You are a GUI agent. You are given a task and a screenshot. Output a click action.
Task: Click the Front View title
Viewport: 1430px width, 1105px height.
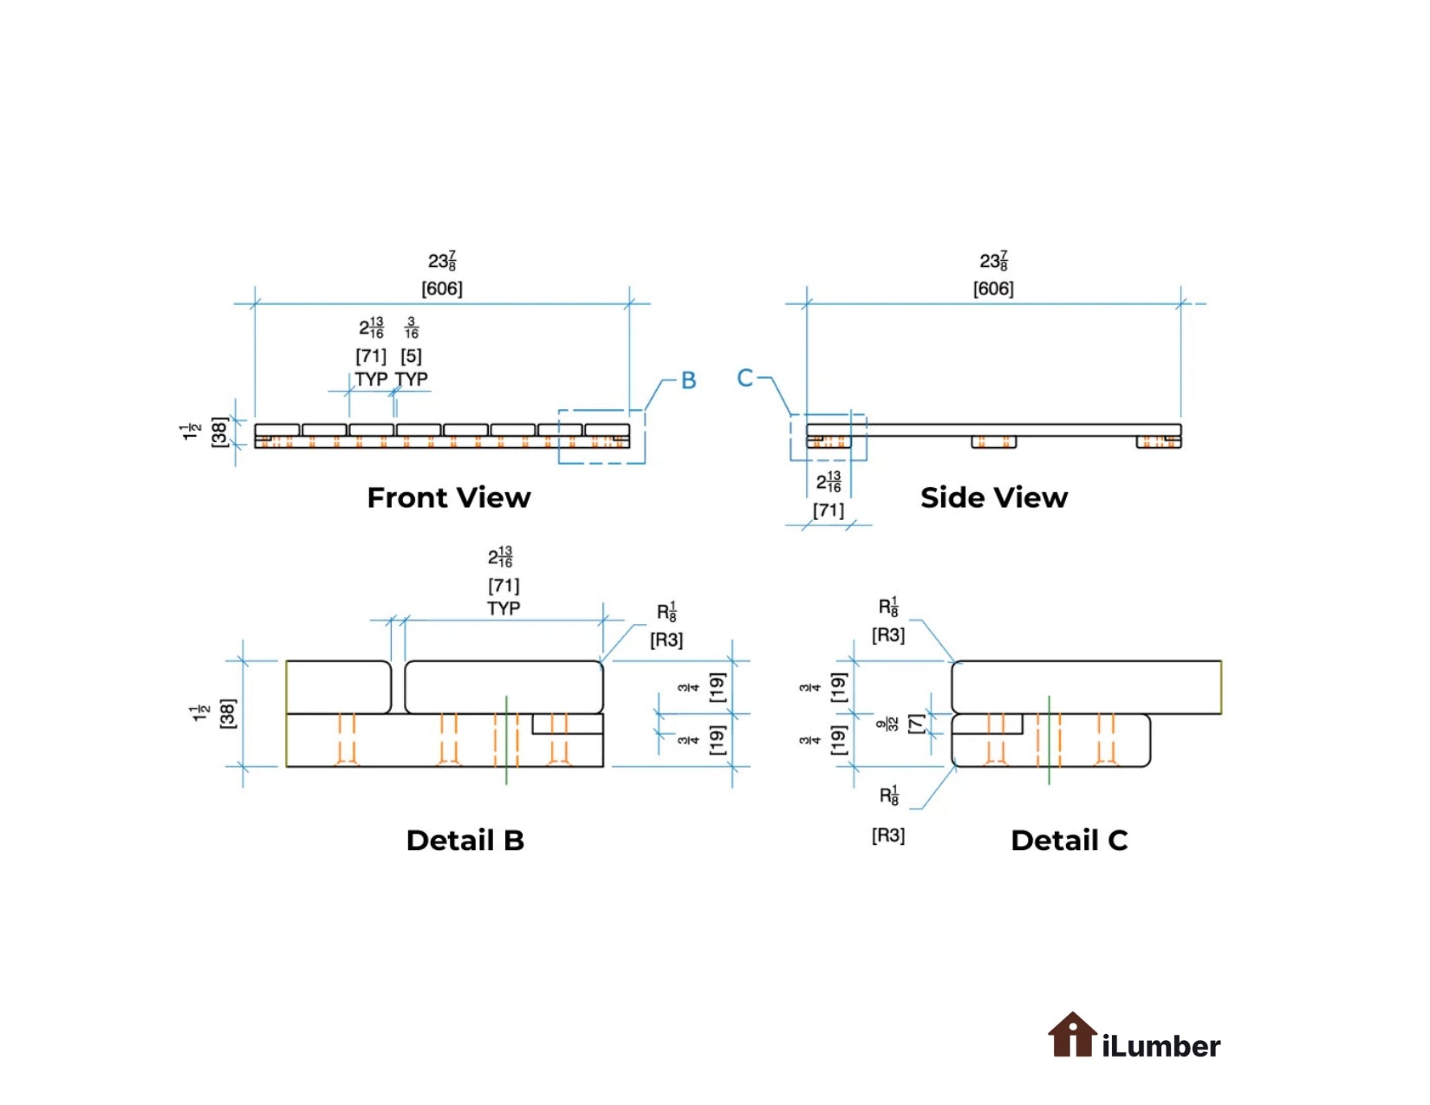[x=448, y=497]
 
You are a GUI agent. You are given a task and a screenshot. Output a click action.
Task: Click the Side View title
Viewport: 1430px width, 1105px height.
[x=993, y=497]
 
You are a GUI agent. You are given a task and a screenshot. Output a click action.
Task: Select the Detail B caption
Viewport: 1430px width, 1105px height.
[x=465, y=840]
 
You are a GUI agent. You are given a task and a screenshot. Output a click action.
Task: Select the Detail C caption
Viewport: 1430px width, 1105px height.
[x=1069, y=840]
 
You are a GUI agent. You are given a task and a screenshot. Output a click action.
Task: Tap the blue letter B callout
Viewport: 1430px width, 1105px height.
[x=688, y=380]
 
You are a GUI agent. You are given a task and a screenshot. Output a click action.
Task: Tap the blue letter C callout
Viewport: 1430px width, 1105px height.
[x=744, y=378]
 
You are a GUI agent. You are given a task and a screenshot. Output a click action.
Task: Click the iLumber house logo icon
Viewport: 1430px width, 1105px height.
[x=1072, y=1035]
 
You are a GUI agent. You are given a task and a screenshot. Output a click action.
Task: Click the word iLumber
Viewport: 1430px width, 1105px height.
[x=1161, y=1046]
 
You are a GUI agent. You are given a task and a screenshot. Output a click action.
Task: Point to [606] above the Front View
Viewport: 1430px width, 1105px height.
[x=442, y=289]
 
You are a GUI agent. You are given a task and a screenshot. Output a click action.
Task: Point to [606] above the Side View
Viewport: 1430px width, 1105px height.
[x=993, y=289]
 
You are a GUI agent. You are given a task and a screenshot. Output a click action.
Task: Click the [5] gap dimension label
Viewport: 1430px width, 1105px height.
[x=411, y=356]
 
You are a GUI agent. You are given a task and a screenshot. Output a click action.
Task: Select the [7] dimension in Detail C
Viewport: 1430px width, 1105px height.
[x=915, y=724]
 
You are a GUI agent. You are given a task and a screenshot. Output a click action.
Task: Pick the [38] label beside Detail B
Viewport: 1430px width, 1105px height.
[x=227, y=713]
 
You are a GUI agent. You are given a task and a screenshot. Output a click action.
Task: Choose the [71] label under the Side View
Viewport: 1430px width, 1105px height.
[x=829, y=510]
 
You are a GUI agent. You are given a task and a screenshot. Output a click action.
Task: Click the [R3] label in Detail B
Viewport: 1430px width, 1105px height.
[x=666, y=640]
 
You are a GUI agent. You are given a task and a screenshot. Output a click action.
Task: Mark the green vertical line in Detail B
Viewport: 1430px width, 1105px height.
[x=507, y=738]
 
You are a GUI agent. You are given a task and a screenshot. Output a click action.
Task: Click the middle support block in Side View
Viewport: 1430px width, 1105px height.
[x=993, y=442]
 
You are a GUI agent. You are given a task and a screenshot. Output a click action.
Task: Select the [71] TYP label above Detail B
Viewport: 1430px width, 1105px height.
[x=504, y=586]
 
